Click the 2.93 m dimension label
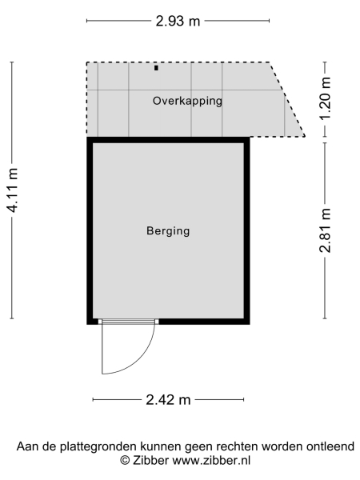(178, 22)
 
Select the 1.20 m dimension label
(325, 99)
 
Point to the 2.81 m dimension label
(325, 230)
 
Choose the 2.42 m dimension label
(169, 399)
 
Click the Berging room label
(168, 231)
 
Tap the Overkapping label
(187, 101)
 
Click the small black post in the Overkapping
(156, 69)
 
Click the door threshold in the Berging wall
(128, 321)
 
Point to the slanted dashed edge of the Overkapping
(287, 99)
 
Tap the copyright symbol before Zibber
(125, 461)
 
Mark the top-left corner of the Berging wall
(90, 140)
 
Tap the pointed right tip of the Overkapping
(304, 136)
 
